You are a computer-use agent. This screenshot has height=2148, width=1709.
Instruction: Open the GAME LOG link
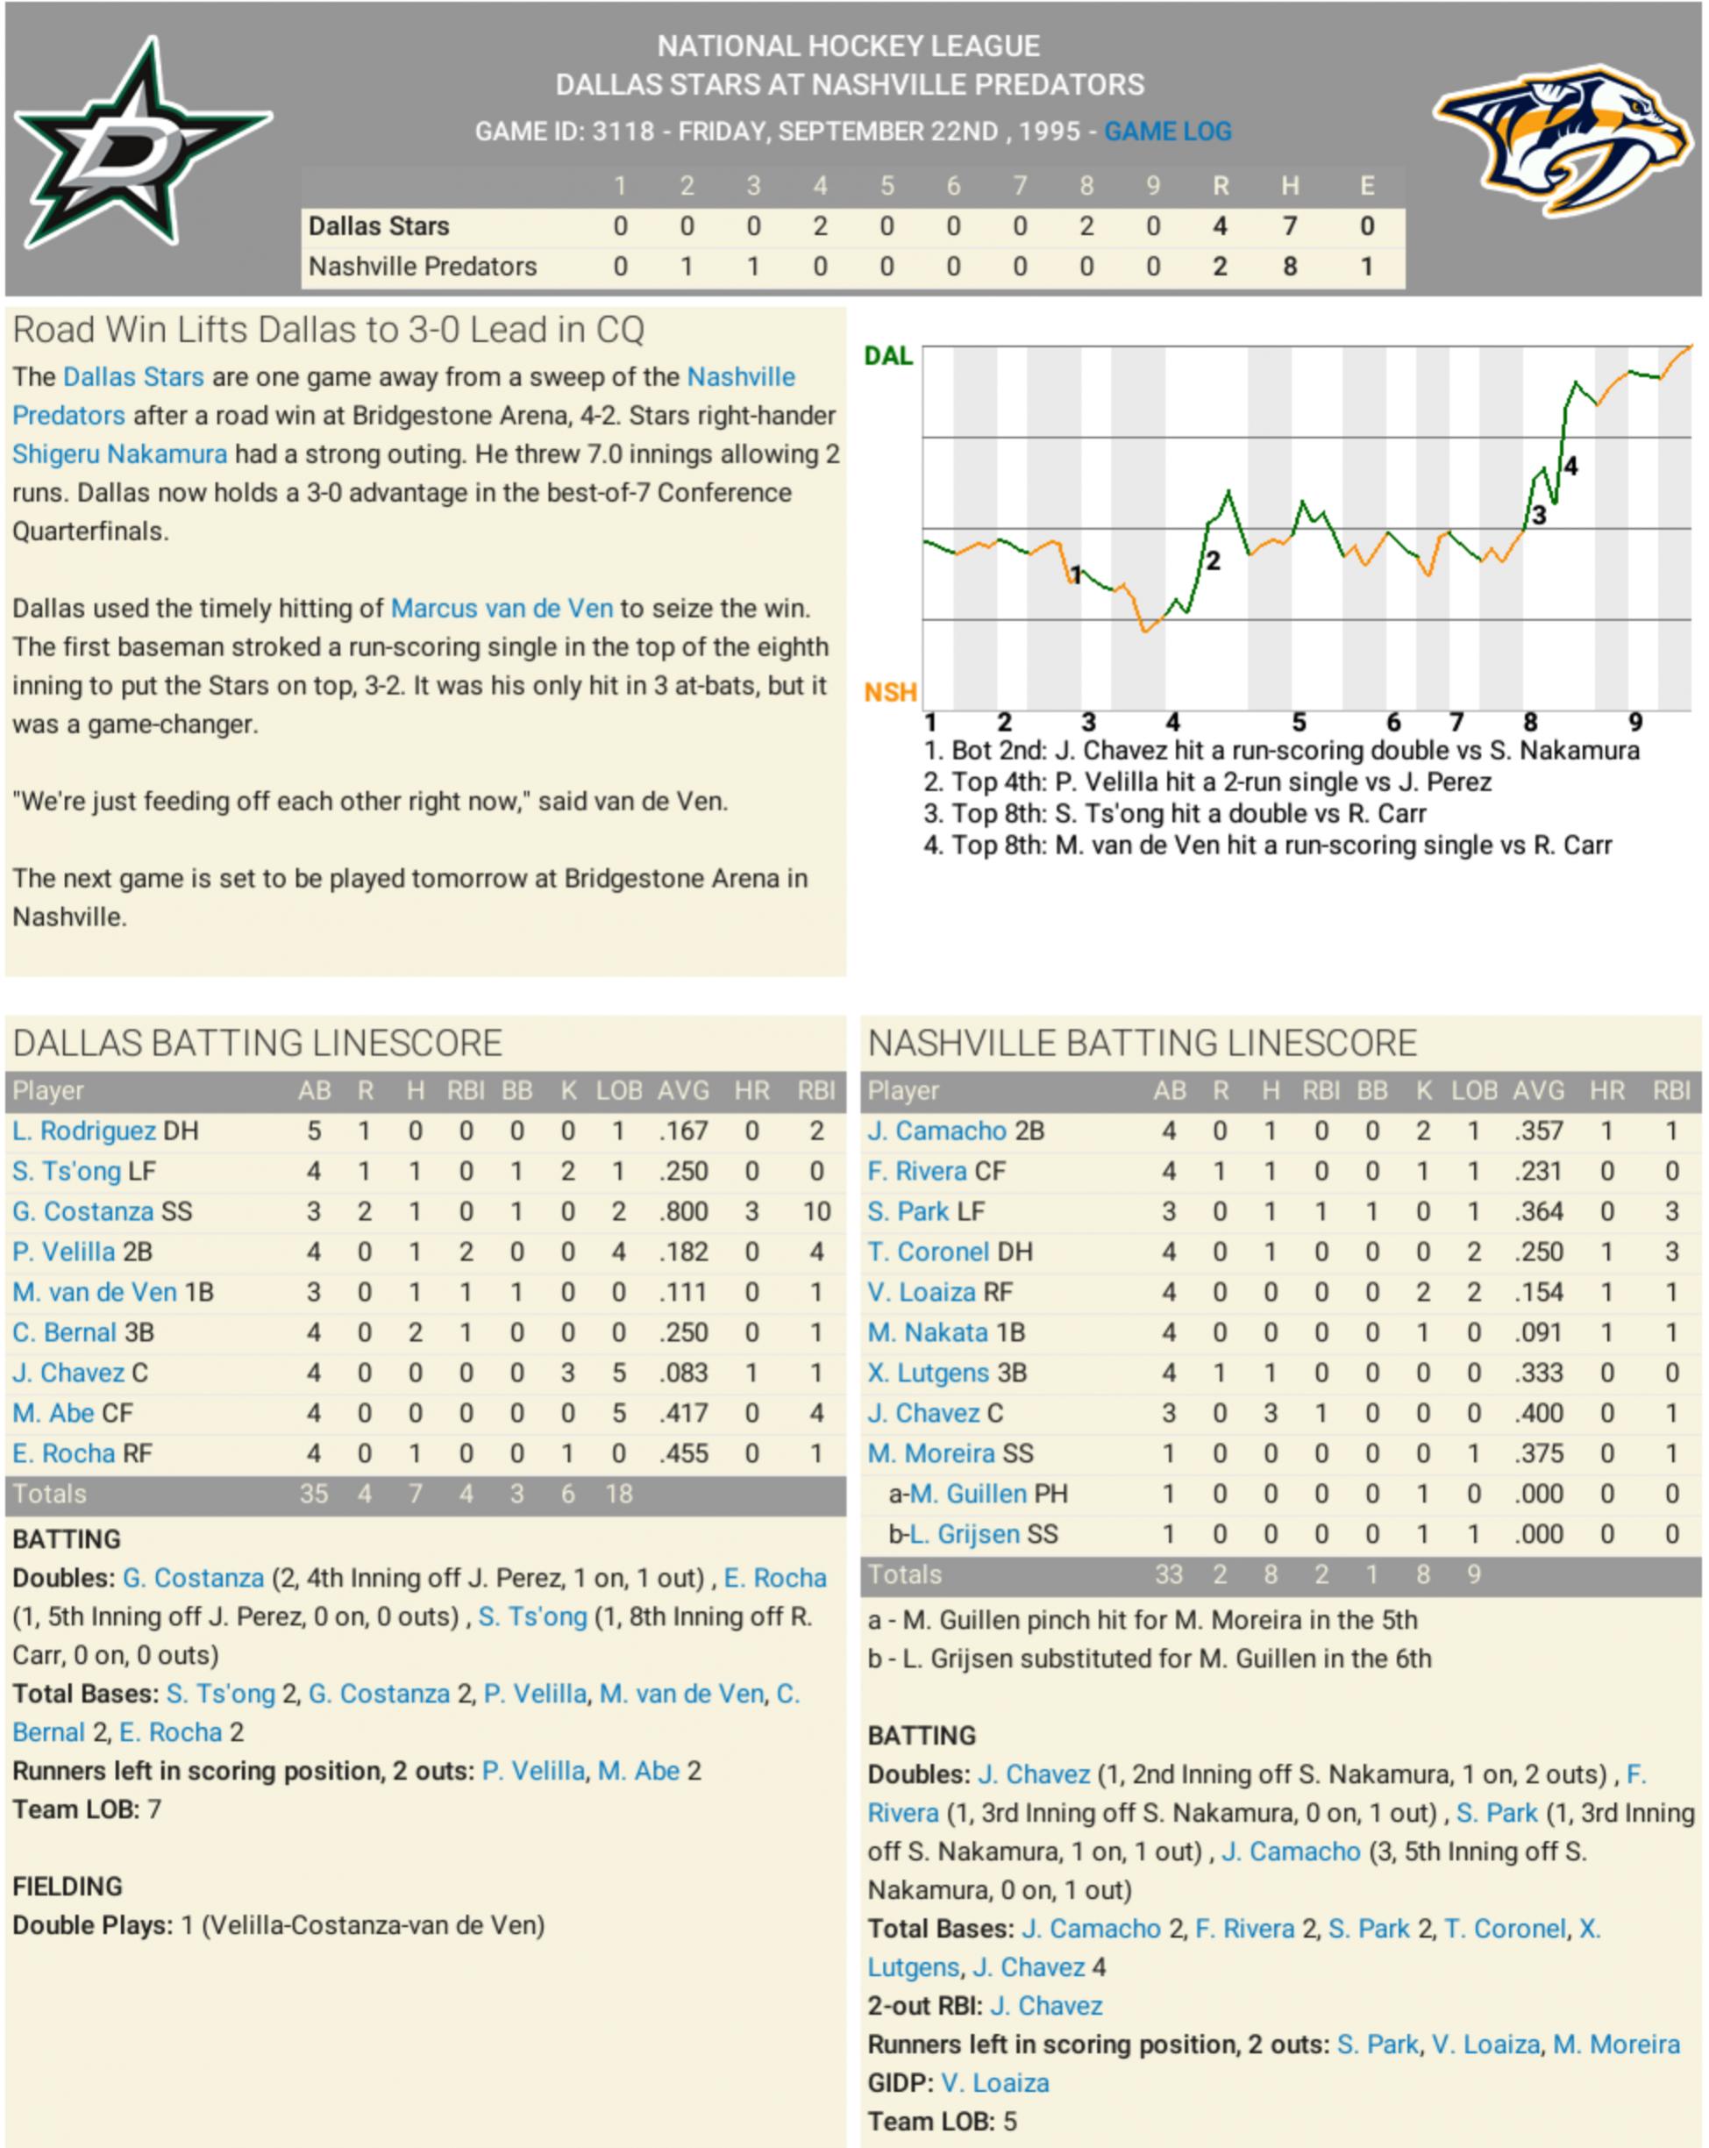click(x=1167, y=131)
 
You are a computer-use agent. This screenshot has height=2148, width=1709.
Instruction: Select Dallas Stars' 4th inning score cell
click(x=820, y=226)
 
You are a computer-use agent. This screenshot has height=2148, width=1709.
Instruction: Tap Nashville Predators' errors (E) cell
click(x=1366, y=266)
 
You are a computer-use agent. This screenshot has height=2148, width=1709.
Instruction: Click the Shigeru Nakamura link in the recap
click(x=119, y=454)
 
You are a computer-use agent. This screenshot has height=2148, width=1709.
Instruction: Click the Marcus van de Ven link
click(x=501, y=609)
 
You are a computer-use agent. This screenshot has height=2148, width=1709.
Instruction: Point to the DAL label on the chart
click(x=887, y=356)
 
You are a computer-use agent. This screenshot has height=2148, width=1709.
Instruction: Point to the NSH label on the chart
click(x=889, y=692)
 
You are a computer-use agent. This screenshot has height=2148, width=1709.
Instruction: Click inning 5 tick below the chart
click(x=1299, y=723)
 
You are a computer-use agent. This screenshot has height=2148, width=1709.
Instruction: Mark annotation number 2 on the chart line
click(x=1213, y=561)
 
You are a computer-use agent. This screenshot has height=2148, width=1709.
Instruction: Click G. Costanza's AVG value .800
click(x=683, y=1211)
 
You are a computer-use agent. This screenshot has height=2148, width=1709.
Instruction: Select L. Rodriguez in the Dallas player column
click(x=83, y=1131)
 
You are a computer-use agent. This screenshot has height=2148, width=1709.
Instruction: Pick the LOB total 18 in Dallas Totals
click(x=618, y=1494)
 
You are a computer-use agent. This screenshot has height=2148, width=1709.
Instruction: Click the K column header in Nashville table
click(x=1423, y=1091)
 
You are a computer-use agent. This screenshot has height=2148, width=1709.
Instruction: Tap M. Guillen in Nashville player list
click(x=967, y=1494)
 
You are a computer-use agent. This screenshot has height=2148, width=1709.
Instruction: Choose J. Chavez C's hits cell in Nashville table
click(x=1271, y=1413)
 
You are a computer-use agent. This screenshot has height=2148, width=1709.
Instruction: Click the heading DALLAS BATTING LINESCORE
click(x=257, y=1043)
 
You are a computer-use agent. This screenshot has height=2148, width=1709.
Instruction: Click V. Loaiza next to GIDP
click(x=994, y=2082)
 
